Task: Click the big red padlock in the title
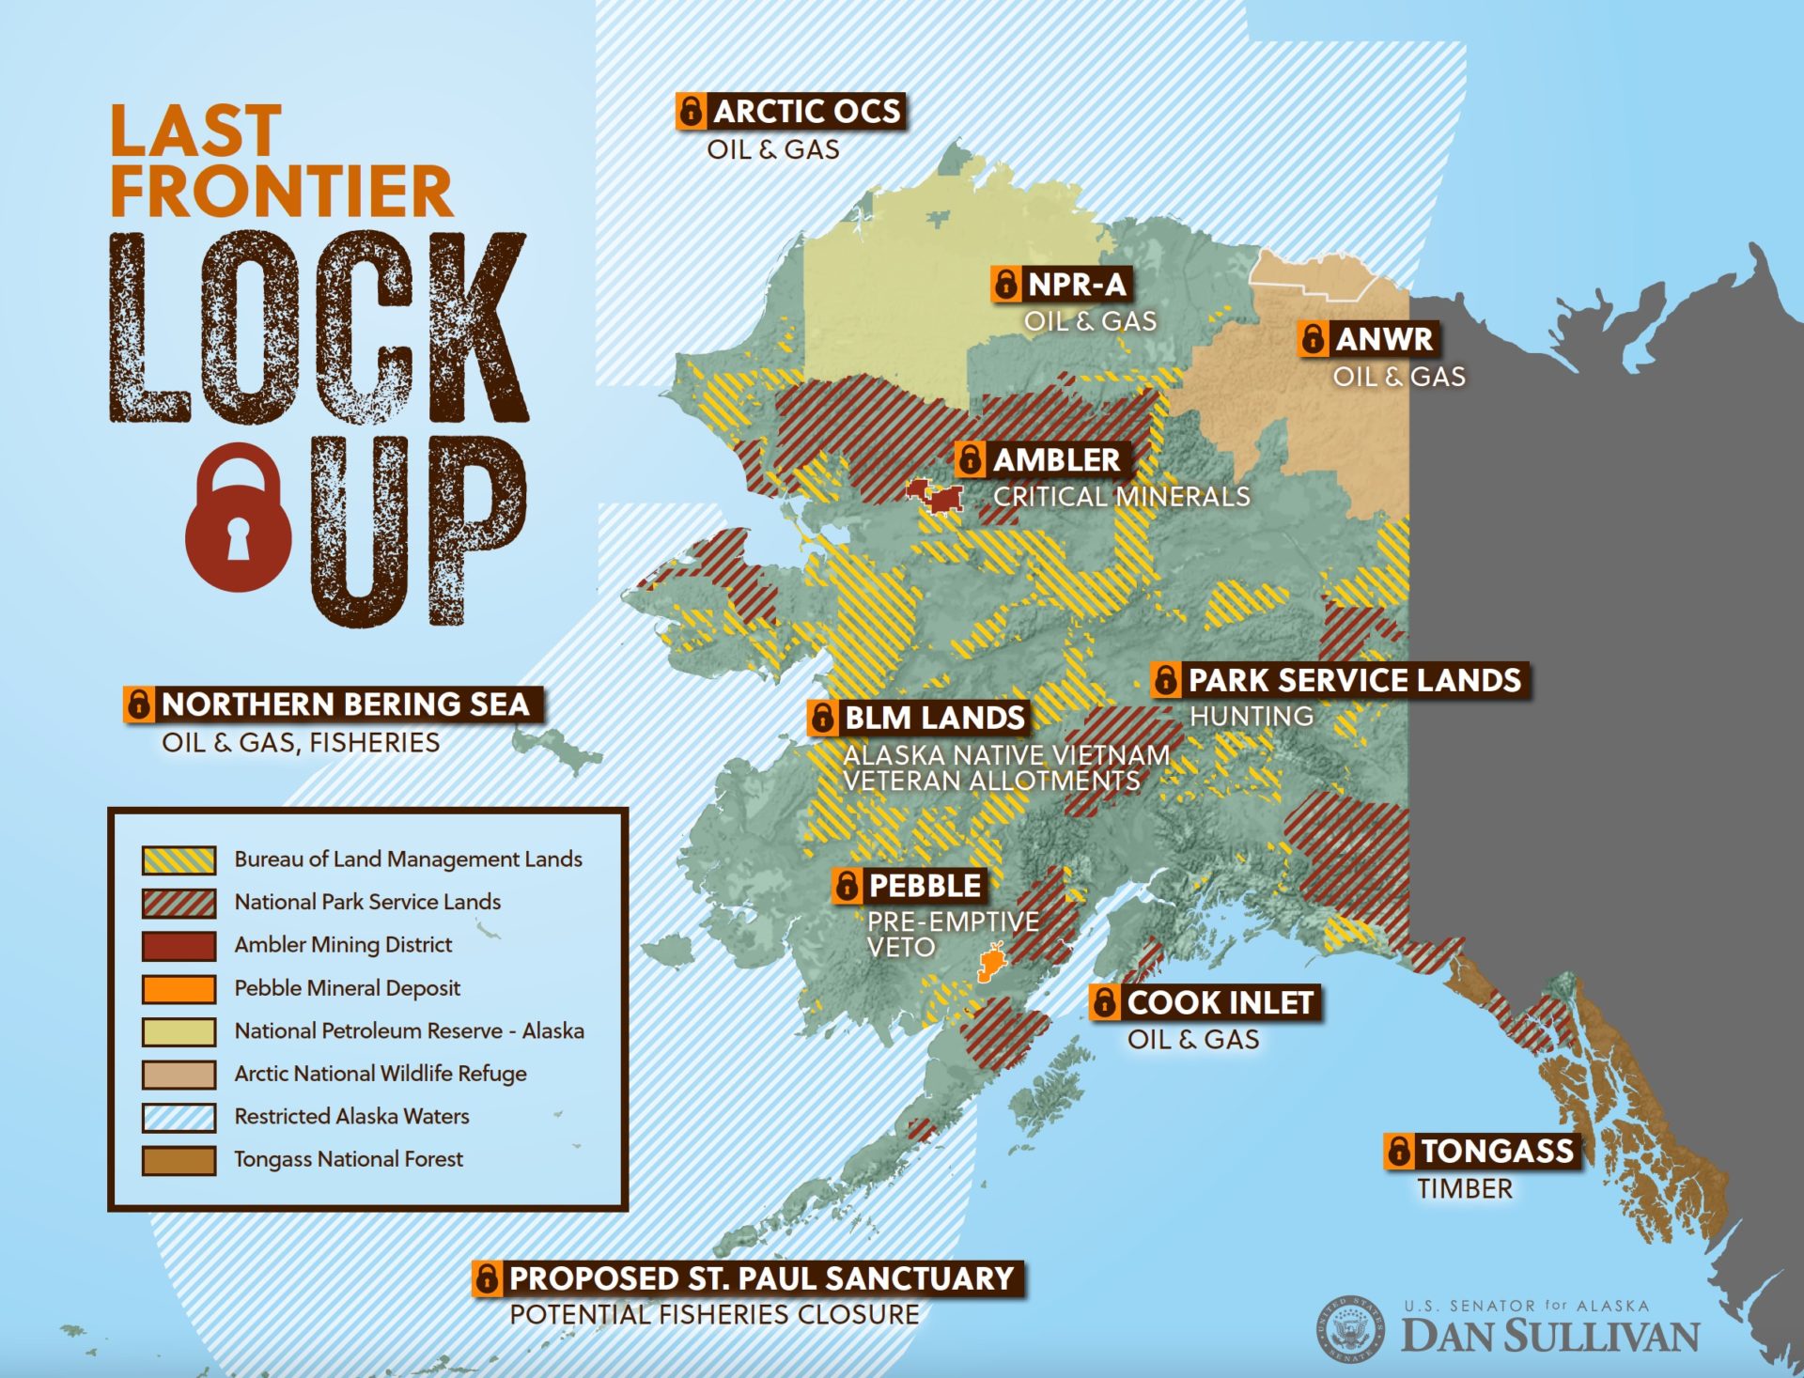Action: (238, 521)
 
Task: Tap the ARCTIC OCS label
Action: (790, 111)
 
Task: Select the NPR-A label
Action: (1060, 284)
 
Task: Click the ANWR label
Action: (1368, 339)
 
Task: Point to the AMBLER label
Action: (1043, 459)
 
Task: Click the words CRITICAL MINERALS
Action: (1121, 497)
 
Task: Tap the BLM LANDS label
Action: (919, 718)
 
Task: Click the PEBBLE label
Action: (910, 885)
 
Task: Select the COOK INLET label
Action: (1205, 1002)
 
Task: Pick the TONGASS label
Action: (1483, 1151)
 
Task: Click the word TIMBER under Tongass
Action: (1465, 1189)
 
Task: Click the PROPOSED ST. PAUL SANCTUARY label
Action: (748, 1278)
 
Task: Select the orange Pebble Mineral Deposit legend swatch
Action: (179, 988)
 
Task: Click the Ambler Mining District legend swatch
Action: (179, 945)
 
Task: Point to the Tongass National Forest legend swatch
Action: (179, 1160)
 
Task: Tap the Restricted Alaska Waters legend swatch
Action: (179, 1117)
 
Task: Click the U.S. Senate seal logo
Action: (1350, 1328)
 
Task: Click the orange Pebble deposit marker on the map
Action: (990, 963)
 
